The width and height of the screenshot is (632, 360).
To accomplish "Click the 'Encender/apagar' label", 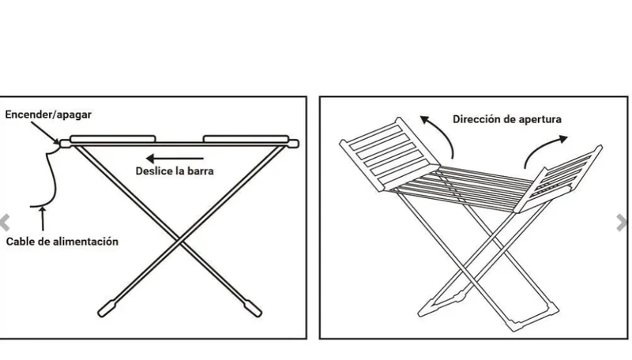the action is [x=48, y=114].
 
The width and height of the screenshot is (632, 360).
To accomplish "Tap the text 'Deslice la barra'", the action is [x=175, y=171].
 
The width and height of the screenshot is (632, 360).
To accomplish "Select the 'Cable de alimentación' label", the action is [x=62, y=242].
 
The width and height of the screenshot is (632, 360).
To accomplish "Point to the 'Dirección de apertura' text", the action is [x=507, y=119].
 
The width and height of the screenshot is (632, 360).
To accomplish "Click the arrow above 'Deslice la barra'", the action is [x=175, y=158].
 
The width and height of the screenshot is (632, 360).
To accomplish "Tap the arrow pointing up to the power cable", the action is [x=43, y=219].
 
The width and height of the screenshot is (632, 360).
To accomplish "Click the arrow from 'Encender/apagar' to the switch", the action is [x=45, y=132].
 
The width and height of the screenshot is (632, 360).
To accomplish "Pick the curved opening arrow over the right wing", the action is [x=542, y=147].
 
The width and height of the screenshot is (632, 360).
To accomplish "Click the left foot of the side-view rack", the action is [x=107, y=309].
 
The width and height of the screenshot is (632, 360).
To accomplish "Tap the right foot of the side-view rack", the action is [x=252, y=309].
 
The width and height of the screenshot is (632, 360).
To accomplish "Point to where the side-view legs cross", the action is [x=180, y=240].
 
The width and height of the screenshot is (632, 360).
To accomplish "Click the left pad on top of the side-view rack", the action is [x=113, y=139].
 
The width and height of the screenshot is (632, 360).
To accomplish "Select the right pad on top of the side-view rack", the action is [x=246, y=139].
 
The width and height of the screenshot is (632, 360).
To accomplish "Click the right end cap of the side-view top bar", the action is [x=293, y=144].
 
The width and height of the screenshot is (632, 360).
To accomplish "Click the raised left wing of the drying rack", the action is [x=389, y=154].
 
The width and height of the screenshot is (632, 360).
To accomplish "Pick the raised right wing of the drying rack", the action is [x=559, y=180].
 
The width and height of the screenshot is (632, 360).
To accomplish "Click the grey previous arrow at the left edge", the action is [x=5, y=223].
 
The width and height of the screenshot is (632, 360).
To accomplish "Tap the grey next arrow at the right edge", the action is [x=623, y=223].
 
